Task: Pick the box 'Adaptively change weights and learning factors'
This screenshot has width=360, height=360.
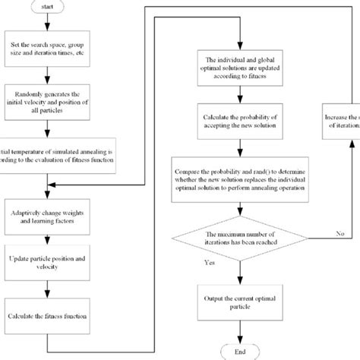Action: (x=49, y=210)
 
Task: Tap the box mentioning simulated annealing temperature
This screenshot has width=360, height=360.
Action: (x=48, y=150)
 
